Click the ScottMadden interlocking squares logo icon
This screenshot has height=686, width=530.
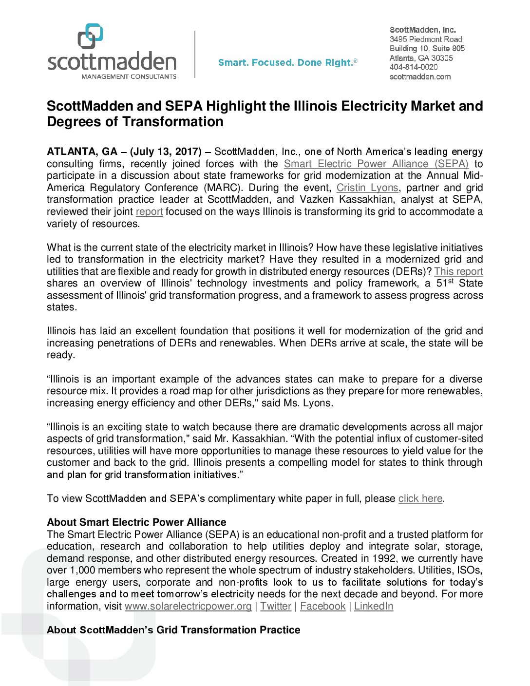91,36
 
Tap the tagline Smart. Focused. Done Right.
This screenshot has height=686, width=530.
287,62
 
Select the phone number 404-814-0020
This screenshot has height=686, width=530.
414,67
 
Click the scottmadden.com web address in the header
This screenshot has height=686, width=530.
420,76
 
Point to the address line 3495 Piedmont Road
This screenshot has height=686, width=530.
426,39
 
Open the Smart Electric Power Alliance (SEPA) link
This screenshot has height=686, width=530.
376,164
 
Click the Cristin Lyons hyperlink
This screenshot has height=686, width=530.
367,188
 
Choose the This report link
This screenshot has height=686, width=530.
458,271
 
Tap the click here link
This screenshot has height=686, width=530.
420,498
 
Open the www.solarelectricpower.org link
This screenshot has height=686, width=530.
188,606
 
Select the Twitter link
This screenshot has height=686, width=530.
276,606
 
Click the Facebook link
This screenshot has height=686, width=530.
322,606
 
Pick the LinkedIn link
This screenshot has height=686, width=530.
374,606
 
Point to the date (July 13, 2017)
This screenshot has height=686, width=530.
166,152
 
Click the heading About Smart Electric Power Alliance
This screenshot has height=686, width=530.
136,522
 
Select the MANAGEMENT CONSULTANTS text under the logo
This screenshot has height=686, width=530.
129,76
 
